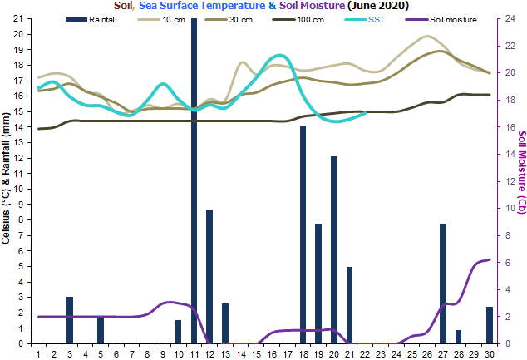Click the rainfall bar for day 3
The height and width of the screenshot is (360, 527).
pos(70,320)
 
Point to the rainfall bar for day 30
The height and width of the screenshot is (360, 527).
pos(490,325)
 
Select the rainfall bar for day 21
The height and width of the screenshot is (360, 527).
pos(350,304)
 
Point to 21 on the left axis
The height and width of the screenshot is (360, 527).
pos(18,18)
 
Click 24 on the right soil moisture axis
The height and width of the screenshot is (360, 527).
pos(509,18)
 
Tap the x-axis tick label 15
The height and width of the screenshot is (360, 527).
pos(256,353)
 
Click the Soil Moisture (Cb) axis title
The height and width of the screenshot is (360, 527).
pos(521,178)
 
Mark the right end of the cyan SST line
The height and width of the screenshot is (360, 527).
pos(366,113)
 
